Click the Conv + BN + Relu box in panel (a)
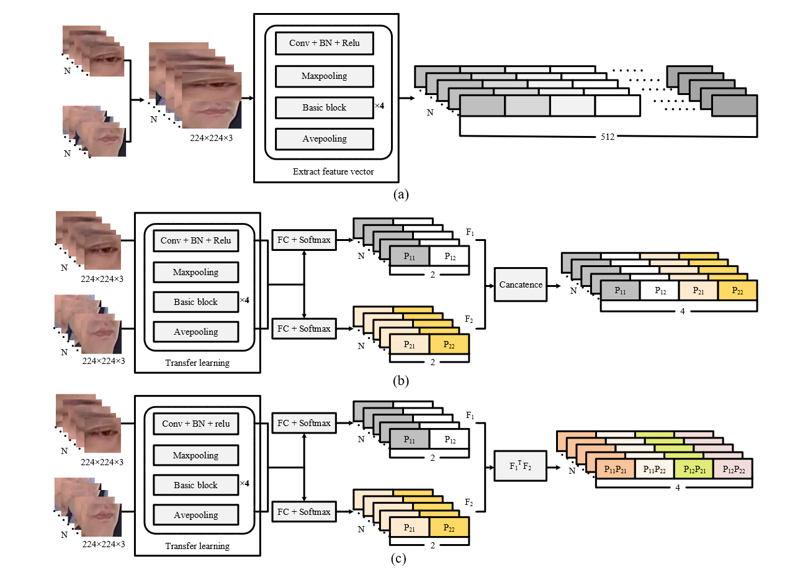click(324, 43)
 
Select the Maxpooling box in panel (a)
click(324, 76)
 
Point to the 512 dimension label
click(608, 137)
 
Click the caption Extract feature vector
click(333, 171)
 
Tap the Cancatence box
click(521, 284)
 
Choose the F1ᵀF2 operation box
click(520, 466)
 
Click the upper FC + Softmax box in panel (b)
click(304, 240)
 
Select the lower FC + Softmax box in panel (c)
click(304, 512)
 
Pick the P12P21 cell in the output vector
click(694, 470)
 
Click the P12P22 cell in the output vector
click(734, 470)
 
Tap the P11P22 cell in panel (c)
click(654, 470)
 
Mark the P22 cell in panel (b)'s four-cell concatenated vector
click(737, 290)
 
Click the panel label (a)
click(401, 194)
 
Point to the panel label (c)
click(399, 558)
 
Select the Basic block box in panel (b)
click(195, 302)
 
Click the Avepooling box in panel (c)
click(195, 515)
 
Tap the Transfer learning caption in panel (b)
click(197, 363)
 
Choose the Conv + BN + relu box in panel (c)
click(195, 424)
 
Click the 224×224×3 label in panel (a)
click(211, 139)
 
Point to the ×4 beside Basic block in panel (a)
click(379, 106)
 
